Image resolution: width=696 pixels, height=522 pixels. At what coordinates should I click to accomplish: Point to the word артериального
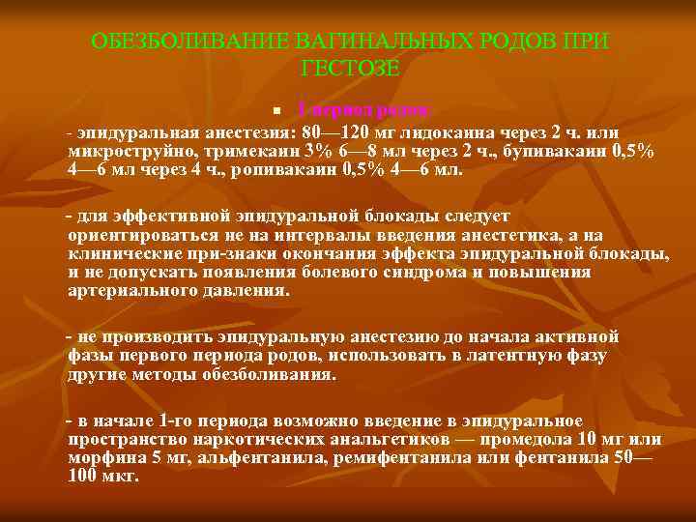(x=125, y=289)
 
